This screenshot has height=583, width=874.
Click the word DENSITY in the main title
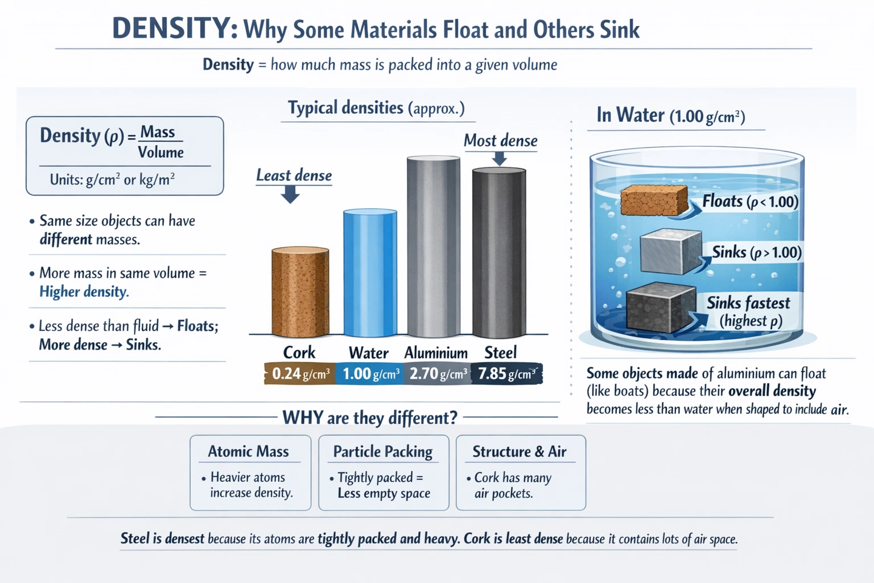(x=175, y=28)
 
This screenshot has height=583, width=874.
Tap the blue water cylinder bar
(x=370, y=273)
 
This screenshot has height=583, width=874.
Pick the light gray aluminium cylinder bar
(x=434, y=248)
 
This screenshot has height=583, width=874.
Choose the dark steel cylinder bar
(x=499, y=253)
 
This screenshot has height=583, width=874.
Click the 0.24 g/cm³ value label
(x=300, y=374)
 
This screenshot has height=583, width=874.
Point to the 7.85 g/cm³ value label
(x=506, y=374)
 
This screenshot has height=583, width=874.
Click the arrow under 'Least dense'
(x=290, y=195)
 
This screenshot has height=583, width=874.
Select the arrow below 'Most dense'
(x=499, y=159)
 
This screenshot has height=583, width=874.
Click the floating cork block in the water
(x=653, y=200)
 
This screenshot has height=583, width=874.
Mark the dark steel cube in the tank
(x=660, y=307)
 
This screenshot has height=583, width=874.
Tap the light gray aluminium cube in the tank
(x=670, y=252)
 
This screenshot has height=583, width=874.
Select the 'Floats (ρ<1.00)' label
(x=750, y=202)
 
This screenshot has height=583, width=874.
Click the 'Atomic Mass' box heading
(x=248, y=451)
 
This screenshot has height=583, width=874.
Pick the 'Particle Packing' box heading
(x=382, y=451)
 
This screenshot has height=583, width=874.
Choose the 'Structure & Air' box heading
(x=519, y=451)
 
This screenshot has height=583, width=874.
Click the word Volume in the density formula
(x=160, y=153)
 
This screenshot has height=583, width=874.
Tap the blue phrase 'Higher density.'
(x=84, y=291)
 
